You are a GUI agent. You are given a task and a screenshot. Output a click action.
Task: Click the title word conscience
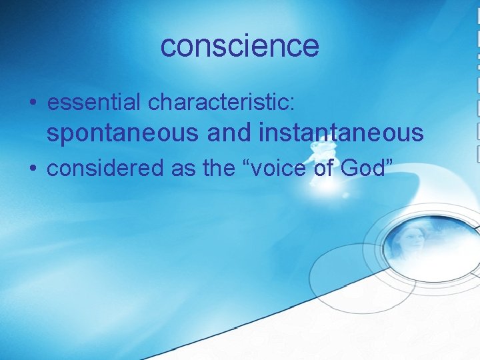240,46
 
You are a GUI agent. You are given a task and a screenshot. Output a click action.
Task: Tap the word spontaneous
123,134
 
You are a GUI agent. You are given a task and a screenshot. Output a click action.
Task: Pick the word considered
106,169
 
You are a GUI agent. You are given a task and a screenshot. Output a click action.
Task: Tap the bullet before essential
33,103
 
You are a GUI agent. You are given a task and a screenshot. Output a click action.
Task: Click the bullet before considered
33,169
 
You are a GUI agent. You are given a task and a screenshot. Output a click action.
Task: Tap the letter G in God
349,169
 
